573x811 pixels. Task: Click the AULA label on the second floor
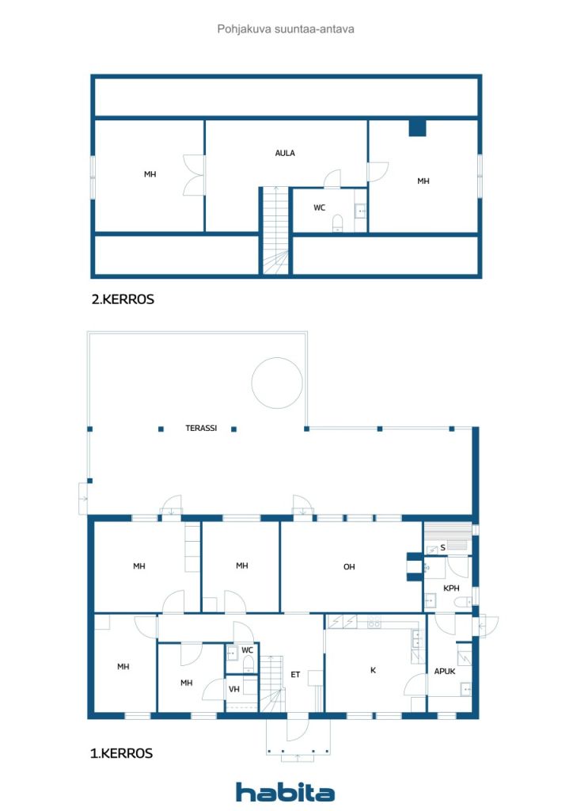pyautogui.click(x=285, y=153)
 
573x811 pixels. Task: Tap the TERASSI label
pyautogui.click(x=201, y=428)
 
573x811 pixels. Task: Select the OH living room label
pyautogui.click(x=349, y=567)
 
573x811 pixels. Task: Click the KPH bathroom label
pyautogui.click(x=451, y=588)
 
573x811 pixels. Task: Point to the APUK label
pyautogui.click(x=444, y=672)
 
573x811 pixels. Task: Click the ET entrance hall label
pyautogui.click(x=295, y=675)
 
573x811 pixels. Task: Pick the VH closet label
pyautogui.click(x=234, y=689)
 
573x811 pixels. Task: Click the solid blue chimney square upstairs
pyautogui.click(x=417, y=128)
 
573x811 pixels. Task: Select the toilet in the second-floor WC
pyautogui.click(x=337, y=223)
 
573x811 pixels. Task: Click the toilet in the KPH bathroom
pyautogui.click(x=462, y=602)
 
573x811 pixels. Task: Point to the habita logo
pyautogui.click(x=285, y=791)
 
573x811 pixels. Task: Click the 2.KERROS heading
pyautogui.click(x=123, y=299)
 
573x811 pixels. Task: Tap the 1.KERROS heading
pyautogui.click(x=121, y=753)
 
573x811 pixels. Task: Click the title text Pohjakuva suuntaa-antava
pyautogui.click(x=286, y=29)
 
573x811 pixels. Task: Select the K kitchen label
pyautogui.click(x=373, y=670)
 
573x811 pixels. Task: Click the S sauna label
pyautogui.click(x=442, y=547)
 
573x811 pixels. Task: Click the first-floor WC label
pyautogui.click(x=248, y=650)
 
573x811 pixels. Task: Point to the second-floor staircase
pyautogui.click(x=275, y=230)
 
